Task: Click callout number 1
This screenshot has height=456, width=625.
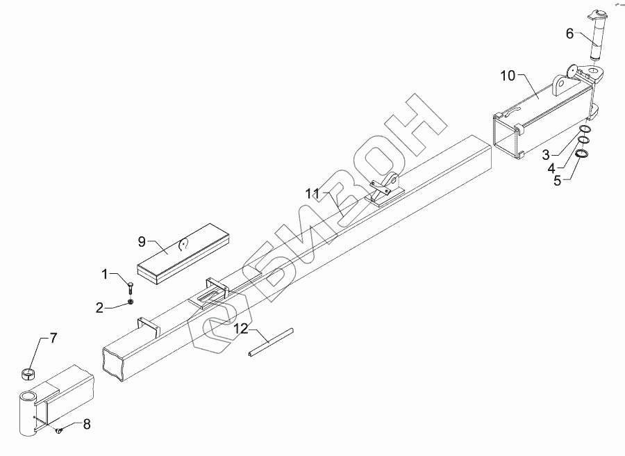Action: click(x=106, y=275)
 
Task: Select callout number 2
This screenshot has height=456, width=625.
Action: click(x=99, y=306)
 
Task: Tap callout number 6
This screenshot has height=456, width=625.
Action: click(x=569, y=33)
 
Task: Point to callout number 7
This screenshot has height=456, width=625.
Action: click(x=53, y=339)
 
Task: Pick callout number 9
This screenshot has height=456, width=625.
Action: click(x=141, y=242)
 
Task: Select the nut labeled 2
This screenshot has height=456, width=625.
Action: click(x=131, y=302)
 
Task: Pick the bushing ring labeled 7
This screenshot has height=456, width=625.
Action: click(x=28, y=374)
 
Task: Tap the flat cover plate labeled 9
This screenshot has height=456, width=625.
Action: click(x=184, y=254)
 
